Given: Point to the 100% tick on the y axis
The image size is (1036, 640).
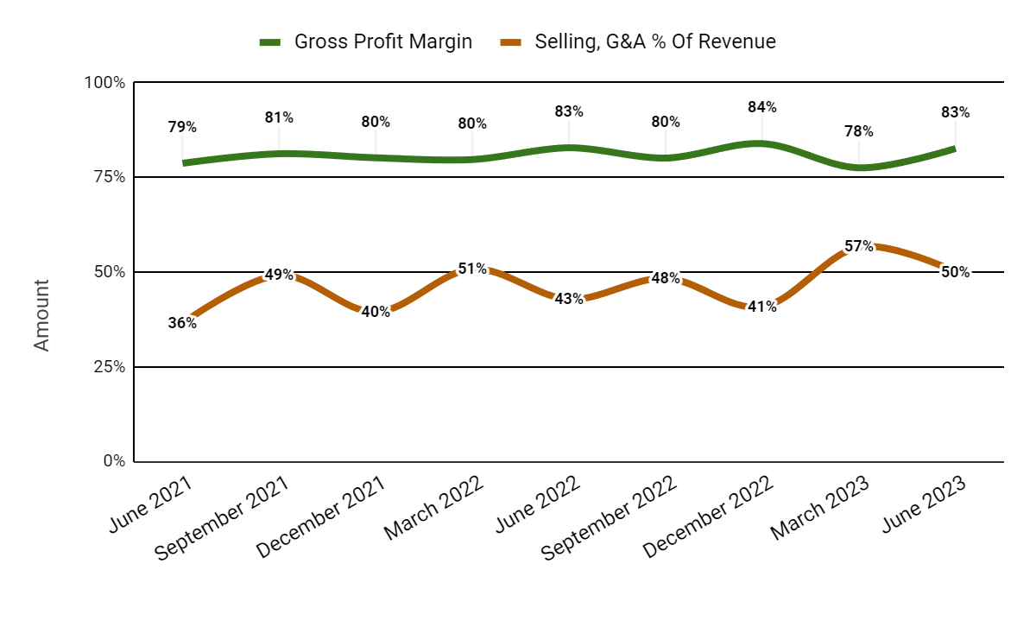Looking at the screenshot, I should pos(104,83).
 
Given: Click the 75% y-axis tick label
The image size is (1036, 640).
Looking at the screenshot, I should pos(108,177).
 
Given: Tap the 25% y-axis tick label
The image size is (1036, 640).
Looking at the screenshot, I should pos(108,366).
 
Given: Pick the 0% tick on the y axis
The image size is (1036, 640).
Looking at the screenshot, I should pos(113,461).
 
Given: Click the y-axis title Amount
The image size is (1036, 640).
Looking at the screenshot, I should pos(41,314).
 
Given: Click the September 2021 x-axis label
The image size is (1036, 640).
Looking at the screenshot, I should pos(223,520).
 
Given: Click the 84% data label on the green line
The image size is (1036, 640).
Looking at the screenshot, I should pos(762,107).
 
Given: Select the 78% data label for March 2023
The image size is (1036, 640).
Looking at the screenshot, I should pos(859,131).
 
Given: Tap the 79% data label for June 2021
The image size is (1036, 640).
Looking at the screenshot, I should pos(182,127).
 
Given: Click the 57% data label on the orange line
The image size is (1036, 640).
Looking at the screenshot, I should pos(859,246).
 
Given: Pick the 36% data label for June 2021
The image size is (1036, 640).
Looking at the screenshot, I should pos(182,323).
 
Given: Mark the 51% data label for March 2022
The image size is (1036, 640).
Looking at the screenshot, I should pos(472,269).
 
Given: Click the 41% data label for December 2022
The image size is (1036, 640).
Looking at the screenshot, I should pos(762,306).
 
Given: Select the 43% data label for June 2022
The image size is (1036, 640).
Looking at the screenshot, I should pos(569,299).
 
